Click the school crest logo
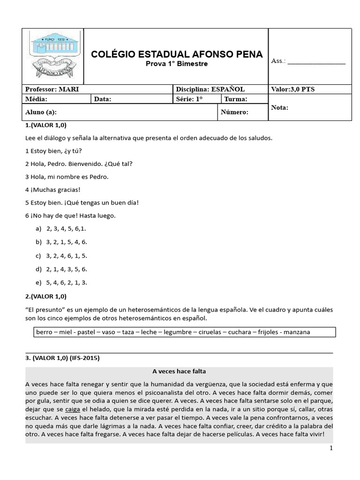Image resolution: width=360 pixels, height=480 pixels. click(53, 56)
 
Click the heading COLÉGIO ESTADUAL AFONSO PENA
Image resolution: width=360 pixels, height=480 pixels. click(177, 54)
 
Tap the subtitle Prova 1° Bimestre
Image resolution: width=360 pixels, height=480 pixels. click(176, 64)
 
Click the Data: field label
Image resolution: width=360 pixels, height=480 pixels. click(104, 99)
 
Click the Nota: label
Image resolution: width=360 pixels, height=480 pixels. click(280, 108)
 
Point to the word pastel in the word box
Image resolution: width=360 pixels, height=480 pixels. click(86, 332)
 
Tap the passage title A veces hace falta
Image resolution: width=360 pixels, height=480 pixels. click(179, 371)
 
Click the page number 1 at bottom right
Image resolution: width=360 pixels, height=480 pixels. click(331, 449)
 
